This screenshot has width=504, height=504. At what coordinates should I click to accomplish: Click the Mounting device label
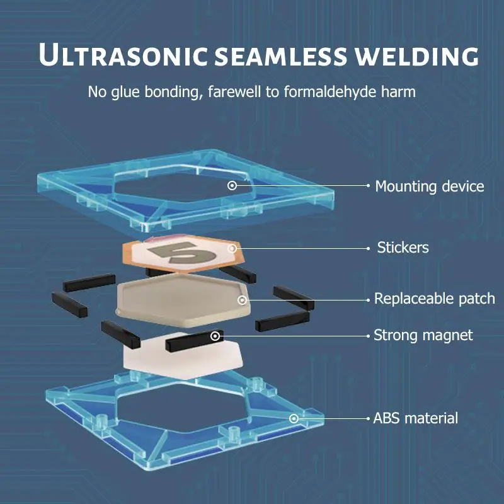point(429,186)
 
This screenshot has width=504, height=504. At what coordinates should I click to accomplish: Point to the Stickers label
point(403,248)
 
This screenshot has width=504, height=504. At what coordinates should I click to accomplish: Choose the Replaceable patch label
point(434,298)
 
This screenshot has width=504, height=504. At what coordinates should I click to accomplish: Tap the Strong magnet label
point(423,335)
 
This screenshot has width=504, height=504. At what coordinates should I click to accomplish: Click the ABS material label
point(415,418)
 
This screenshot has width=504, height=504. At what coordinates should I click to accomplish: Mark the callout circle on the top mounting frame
point(232,185)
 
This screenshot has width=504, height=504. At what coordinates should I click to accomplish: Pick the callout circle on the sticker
point(232,248)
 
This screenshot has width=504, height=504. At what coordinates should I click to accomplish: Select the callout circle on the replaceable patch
point(241,300)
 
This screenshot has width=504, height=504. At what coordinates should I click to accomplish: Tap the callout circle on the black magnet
point(215,336)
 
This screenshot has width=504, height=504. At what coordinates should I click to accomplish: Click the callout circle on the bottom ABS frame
point(294,418)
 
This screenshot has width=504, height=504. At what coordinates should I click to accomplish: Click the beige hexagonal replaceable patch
point(176,301)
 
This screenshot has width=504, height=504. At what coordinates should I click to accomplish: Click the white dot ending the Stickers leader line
point(368,248)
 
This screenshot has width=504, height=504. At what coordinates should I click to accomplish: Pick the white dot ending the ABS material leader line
point(368,418)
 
